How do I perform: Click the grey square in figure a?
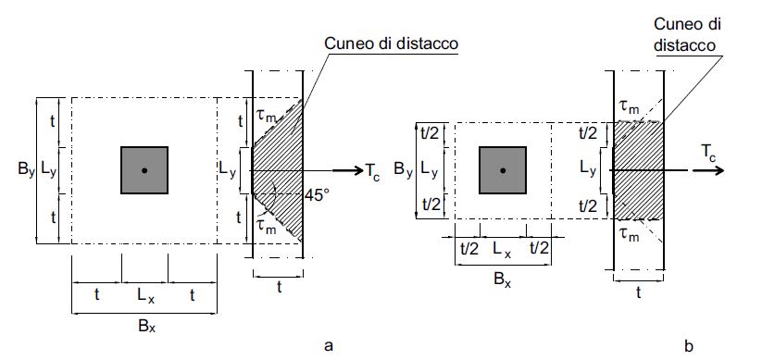coord(144,170)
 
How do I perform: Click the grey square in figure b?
coord(502,170)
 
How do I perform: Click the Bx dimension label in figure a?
coord(144,325)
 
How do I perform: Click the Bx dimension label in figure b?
coord(501,274)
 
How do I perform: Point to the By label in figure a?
coord(25,170)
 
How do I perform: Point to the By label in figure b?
coord(404,170)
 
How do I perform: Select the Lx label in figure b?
coord(501,248)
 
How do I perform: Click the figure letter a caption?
coord(328,346)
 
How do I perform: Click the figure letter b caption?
coord(688,346)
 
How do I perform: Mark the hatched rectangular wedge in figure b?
coord(639,171)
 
